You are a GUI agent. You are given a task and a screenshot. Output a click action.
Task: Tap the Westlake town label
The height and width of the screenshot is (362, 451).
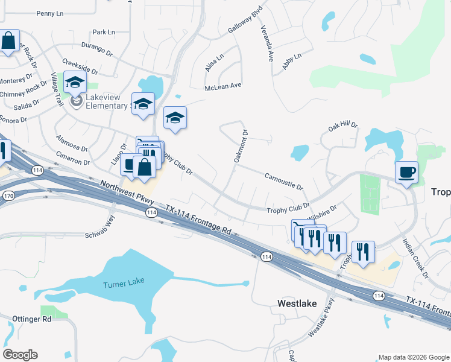[x=297, y=303]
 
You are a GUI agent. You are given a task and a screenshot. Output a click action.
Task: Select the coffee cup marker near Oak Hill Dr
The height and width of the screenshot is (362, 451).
[x=406, y=172]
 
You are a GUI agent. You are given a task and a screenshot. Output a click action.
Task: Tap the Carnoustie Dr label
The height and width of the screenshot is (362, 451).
[x=283, y=179]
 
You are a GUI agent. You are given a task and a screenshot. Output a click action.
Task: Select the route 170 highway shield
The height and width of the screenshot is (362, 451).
[x=8, y=196]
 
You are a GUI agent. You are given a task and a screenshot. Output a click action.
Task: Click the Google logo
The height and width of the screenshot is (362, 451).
[x=20, y=355]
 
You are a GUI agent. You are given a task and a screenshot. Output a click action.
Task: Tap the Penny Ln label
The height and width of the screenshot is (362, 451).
[x=49, y=13]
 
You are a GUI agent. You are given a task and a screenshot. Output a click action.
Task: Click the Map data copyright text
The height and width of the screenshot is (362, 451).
[x=413, y=357]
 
